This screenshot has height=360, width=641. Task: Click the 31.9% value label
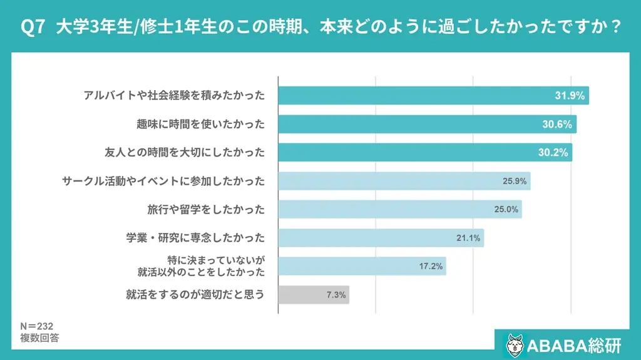click(x=570, y=96)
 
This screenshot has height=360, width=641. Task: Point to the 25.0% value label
click(x=506, y=210)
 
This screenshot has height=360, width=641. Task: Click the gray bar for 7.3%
click(x=313, y=294)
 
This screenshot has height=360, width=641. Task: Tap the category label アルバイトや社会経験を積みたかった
click(x=175, y=96)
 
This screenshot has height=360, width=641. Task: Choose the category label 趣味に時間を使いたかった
click(x=201, y=124)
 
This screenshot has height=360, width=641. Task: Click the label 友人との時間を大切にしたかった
click(x=185, y=153)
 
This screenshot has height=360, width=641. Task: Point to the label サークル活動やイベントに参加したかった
click(x=163, y=181)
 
